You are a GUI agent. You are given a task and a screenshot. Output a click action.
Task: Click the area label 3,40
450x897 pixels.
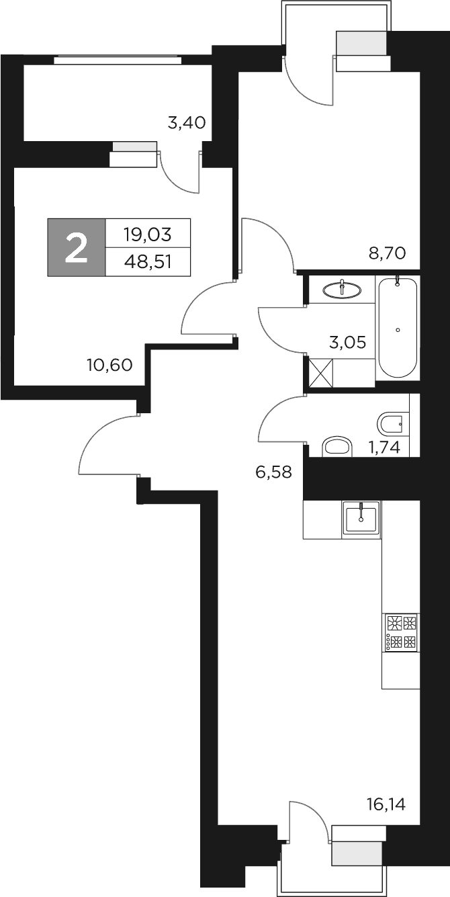(186, 123)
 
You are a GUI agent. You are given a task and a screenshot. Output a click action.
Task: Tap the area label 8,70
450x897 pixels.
(388, 253)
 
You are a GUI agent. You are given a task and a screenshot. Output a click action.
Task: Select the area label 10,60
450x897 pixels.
(109, 365)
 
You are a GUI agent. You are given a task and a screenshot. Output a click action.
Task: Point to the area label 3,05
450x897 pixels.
(347, 343)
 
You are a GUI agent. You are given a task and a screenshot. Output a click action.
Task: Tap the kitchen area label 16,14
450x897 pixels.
(387, 804)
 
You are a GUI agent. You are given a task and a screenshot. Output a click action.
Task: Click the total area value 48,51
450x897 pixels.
(148, 261)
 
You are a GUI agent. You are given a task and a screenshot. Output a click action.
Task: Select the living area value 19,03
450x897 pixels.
(148, 234)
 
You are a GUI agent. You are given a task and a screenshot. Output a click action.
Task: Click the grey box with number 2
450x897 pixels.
(77, 247)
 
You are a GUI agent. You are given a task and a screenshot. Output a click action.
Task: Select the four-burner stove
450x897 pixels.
(401, 632)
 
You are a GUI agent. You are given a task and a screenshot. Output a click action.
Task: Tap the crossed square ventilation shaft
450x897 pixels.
(320, 372)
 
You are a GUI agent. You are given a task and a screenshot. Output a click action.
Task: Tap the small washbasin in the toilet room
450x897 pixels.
(337, 447)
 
